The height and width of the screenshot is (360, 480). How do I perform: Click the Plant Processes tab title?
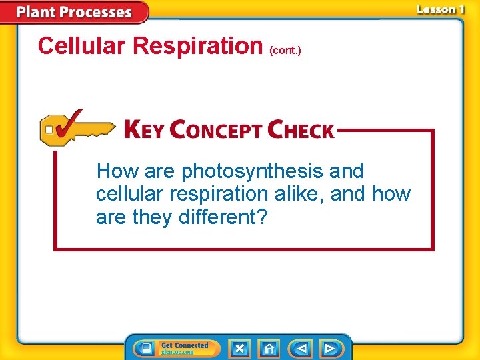pyautogui.click(x=74, y=12)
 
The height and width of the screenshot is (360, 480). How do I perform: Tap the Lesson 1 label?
pyautogui.click(x=440, y=9)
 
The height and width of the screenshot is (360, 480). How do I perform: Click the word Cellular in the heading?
pyautogui.click(x=83, y=45)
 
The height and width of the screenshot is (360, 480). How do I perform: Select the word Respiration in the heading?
pyautogui.click(x=198, y=45)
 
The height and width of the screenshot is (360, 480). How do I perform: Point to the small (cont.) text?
pyautogui.click(x=285, y=50)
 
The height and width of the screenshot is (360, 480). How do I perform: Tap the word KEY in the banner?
pyautogui.click(x=143, y=130)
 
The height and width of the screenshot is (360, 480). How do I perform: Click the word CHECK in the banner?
pyautogui.click(x=300, y=130)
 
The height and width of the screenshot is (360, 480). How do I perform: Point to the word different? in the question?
pyautogui.click(x=223, y=217)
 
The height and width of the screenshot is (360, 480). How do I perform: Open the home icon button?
pyautogui.click(x=269, y=348)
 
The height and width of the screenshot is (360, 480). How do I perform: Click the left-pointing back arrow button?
pyautogui.click(x=301, y=348)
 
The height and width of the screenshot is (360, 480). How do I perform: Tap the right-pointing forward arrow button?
pyautogui.click(x=329, y=348)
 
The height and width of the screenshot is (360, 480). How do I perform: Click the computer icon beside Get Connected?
pyautogui.click(x=143, y=348)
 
